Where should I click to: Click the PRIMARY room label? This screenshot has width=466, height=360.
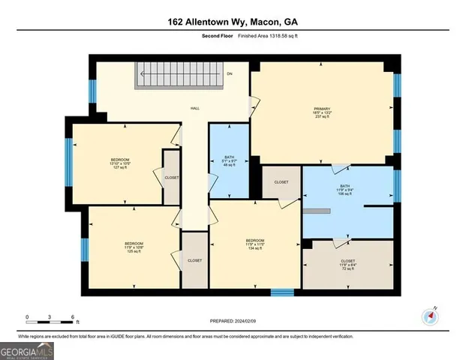click(x=322, y=109)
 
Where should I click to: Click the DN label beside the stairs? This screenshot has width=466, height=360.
click(x=230, y=73)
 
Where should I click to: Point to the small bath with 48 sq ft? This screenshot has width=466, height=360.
click(x=229, y=160)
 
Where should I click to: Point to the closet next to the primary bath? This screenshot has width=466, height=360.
click(x=281, y=182)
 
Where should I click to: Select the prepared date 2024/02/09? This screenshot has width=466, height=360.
click(x=232, y=320)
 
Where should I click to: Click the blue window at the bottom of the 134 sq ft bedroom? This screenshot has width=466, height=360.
click(x=281, y=292)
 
